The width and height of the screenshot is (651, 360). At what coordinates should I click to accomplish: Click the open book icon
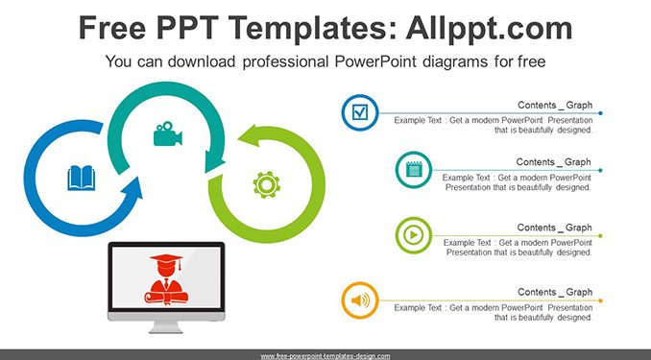coord(82,179)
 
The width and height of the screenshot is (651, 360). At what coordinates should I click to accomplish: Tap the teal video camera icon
coord(168,133)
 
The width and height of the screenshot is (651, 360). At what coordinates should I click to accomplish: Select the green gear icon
coord(267,184)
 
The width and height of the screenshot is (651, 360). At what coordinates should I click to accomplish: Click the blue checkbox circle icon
coord(360,112)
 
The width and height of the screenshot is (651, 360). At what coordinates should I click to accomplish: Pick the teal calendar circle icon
coord(414,170)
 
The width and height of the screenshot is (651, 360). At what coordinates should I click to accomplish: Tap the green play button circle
coord(414,235)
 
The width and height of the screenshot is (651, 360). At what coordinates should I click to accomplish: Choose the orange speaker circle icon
coord(360,300)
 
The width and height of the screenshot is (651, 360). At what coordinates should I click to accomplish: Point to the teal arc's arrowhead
coord(214,162)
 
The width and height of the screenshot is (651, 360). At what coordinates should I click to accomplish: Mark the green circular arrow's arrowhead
coord(251,136)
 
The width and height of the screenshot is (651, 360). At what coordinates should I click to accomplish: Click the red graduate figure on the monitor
coord(166,279)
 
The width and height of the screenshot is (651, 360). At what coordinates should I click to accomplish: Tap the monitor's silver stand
coord(166,326)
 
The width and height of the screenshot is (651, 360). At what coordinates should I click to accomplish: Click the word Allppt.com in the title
coord(489,28)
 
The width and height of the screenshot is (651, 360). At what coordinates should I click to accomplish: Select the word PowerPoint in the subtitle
coord(375,61)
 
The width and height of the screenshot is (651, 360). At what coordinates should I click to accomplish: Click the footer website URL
coord(325,356)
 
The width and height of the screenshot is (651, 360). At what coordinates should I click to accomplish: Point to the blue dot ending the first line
coord(600,113)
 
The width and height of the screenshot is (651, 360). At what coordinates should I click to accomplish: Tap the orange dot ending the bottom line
coord(600,300)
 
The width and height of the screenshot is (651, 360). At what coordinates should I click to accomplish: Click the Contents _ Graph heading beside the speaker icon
coord(555,292)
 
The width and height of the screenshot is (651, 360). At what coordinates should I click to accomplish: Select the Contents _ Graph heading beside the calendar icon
coord(553,162)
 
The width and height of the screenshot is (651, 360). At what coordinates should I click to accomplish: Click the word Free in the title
coord(112,28)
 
